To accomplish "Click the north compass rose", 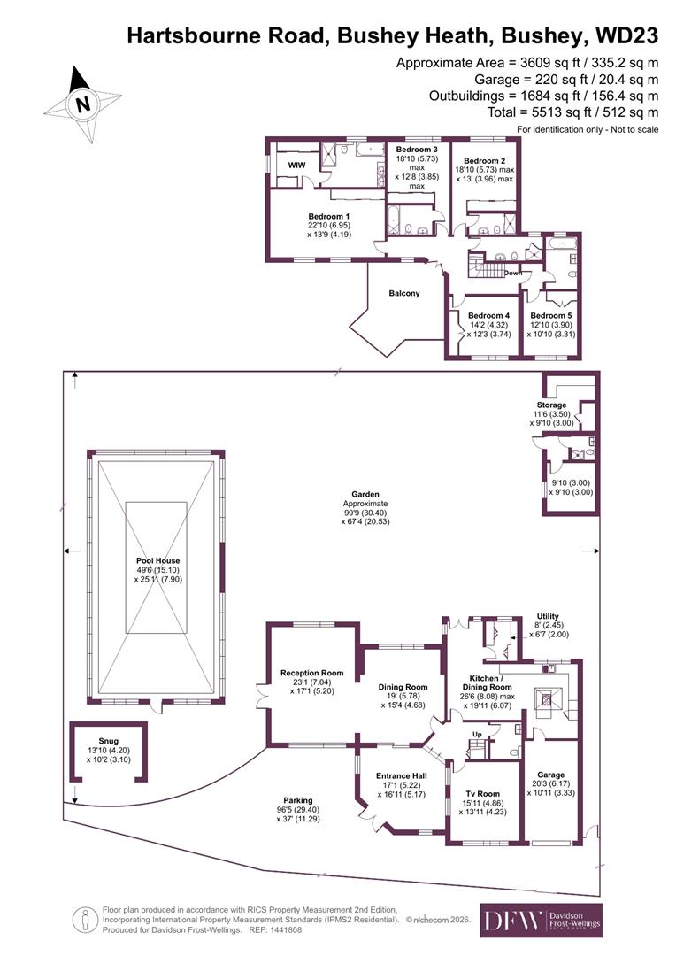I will [x=83, y=104].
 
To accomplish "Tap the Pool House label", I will [x=157, y=561].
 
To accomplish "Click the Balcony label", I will [x=403, y=293].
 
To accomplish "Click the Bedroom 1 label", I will [x=329, y=217].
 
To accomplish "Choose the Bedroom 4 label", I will [x=488, y=316].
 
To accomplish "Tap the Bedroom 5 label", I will [x=550, y=316].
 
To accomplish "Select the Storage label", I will [x=550, y=405].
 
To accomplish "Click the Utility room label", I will [x=549, y=616].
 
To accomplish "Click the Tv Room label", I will [x=483, y=792].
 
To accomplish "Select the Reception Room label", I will [x=311, y=673].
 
